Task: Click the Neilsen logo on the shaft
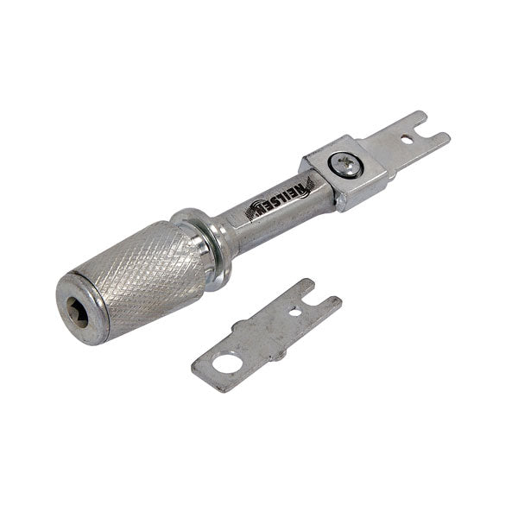pyautogui.click(x=281, y=199)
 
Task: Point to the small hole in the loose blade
pyautogui.click(x=296, y=313)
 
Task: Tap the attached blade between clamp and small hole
pyautogui.click(x=385, y=147)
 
